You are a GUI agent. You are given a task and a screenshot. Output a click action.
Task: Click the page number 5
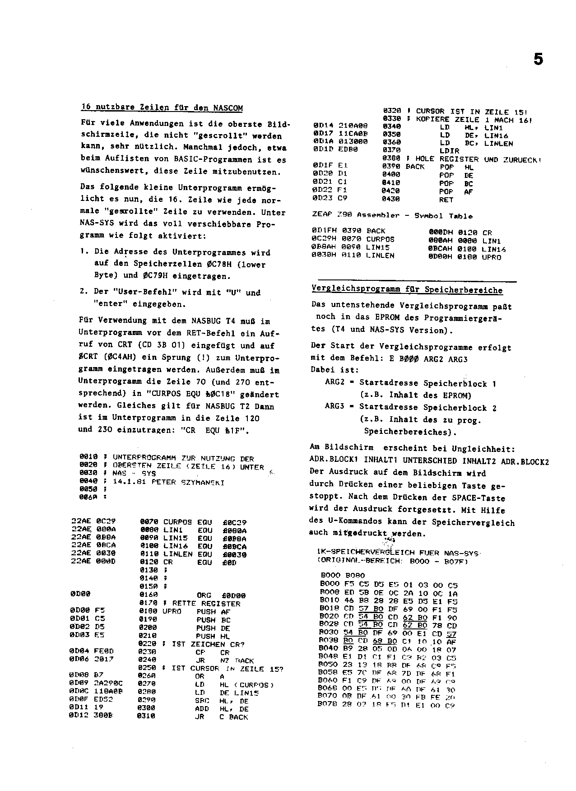[538, 60]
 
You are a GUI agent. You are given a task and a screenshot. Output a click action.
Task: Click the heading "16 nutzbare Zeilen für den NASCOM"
[162, 108]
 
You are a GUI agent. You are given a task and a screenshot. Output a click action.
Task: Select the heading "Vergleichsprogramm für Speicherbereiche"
[407, 290]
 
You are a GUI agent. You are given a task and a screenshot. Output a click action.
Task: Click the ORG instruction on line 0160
[205, 595]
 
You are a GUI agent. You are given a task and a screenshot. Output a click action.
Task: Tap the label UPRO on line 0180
[172, 611]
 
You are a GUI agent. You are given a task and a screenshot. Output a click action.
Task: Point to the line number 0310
[149, 717]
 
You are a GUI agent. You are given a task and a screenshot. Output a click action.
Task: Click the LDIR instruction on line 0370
[449, 151]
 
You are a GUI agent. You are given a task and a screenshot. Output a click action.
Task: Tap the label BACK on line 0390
[415, 167]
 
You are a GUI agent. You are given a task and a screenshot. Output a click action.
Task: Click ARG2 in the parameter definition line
[334, 383]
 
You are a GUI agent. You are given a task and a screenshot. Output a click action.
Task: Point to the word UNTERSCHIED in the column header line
[430, 461]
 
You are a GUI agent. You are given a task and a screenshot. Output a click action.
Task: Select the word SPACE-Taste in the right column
[478, 498]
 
